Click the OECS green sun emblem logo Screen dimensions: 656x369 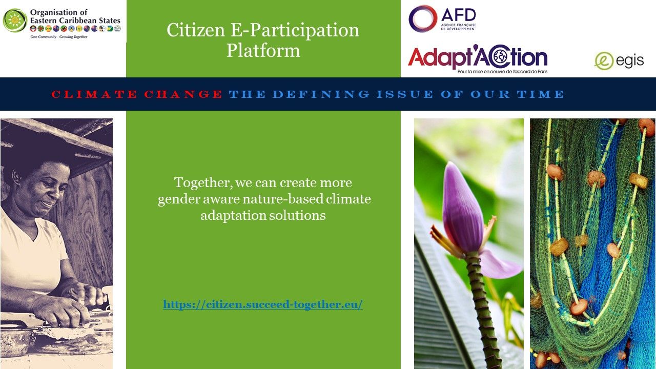pyautogui.click(x=15, y=20)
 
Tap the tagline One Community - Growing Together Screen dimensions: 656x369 pyautogui.click(x=59, y=37)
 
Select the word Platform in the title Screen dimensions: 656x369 pyautogui.click(x=263, y=50)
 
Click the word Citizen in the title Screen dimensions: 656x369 pyautogui.click(x=196, y=30)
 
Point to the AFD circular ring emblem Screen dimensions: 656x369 pyautogui.click(x=423, y=18)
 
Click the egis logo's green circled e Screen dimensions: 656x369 pyautogui.click(x=604, y=61)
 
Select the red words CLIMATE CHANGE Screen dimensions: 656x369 pyautogui.click(x=137, y=94)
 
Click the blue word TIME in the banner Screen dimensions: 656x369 pyautogui.click(x=540, y=94)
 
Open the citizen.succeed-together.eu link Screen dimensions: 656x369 pyautogui.click(x=263, y=304)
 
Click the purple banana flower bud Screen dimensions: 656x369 pyautogui.click(x=462, y=208)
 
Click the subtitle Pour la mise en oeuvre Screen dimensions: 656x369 pyautogui.click(x=502, y=71)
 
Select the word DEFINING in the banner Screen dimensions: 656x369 pyautogui.click(x=321, y=94)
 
